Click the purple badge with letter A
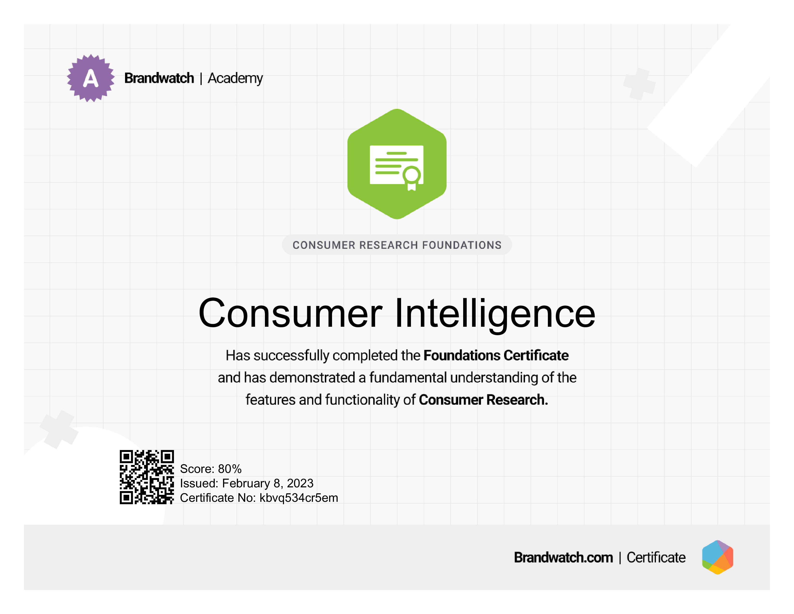coord(90,78)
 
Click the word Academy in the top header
coord(235,78)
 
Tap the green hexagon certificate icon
coord(397,164)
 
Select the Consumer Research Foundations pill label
coord(397,245)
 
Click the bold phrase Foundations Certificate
coord(496,355)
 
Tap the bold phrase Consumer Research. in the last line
coord(483,399)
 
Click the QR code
coord(147,477)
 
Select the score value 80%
coord(230,469)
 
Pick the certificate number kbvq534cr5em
coord(299,498)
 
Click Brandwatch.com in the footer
coord(563,557)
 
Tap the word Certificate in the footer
coord(656,557)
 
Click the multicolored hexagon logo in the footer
coord(718,557)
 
